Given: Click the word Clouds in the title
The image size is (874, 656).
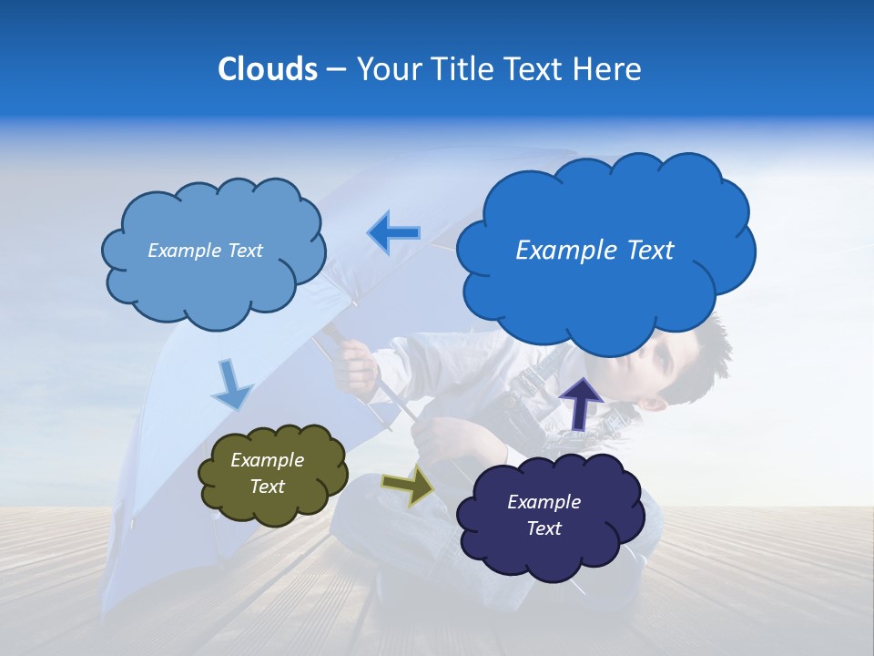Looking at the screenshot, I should tap(268, 69).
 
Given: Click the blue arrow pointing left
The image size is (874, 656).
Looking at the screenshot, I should tap(393, 233).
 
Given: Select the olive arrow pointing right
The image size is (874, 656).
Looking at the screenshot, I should tap(408, 487).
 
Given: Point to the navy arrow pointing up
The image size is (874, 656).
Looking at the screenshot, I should tap(580, 402).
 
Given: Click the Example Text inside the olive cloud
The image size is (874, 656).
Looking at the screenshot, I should tap(268, 474).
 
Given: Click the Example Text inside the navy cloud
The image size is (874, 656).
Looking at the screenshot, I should tap(544, 515).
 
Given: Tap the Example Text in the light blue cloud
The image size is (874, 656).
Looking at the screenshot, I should tap(205, 251).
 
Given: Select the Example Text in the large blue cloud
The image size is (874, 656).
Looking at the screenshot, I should tap(595, 251).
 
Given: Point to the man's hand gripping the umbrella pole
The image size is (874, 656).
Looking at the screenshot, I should tap(356, 363).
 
